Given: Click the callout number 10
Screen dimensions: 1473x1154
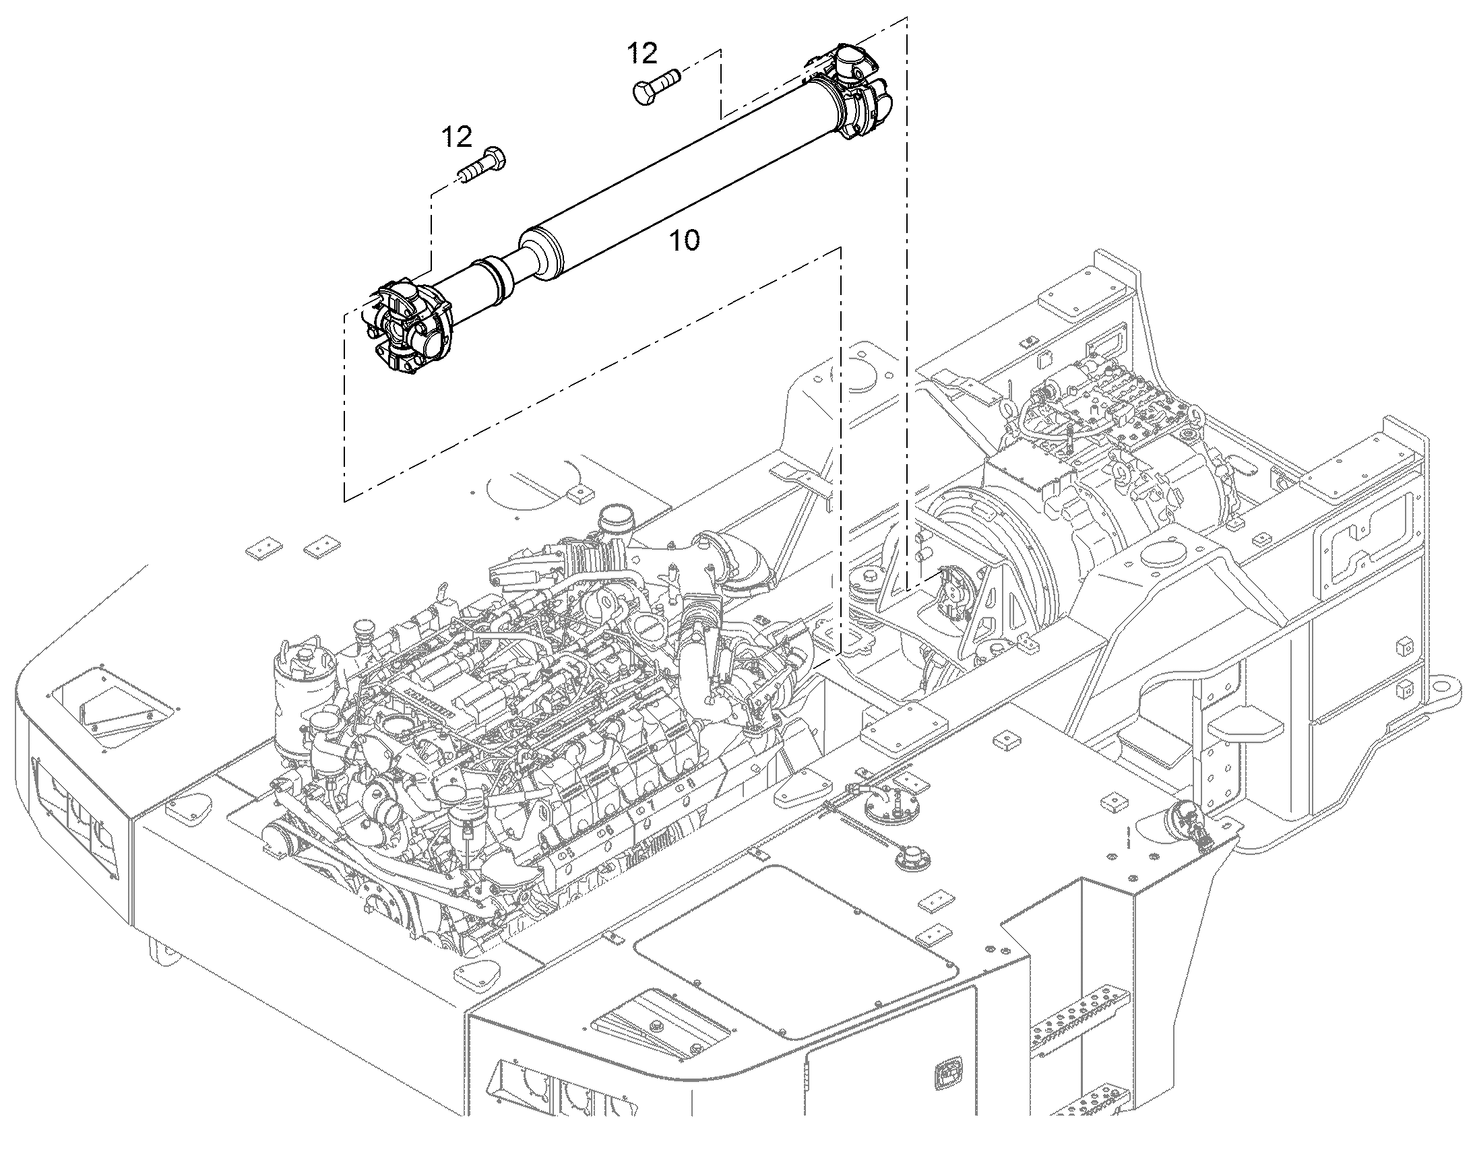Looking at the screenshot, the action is tap(685, 241).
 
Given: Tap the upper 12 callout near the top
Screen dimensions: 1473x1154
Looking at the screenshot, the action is tap(642, 53).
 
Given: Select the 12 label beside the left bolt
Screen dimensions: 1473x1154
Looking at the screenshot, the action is tap(457, 137).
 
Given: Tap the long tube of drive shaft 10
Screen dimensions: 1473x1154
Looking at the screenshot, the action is tap(683, 179).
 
